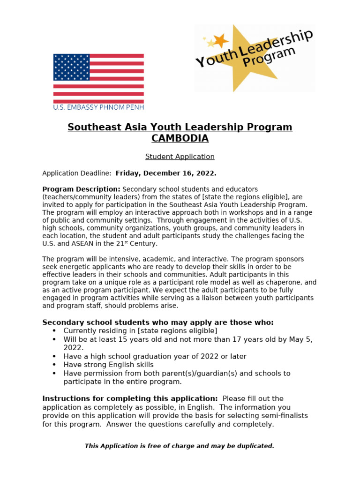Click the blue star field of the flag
71,67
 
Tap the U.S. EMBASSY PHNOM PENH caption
98,107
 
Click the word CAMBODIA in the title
180,139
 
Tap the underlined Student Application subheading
180,157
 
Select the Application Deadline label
76,173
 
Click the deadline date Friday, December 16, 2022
166,173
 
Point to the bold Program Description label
81,189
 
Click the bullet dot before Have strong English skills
54,365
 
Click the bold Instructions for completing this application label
130,398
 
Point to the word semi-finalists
282,416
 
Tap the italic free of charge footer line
180,446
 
